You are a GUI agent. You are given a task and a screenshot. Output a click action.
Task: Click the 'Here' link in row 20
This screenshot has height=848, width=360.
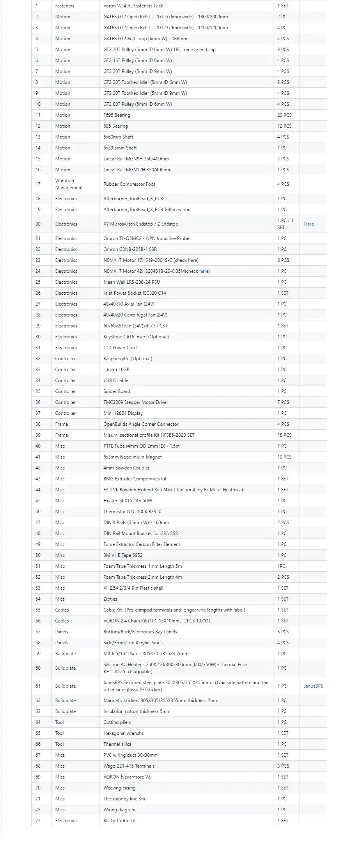[309, 224]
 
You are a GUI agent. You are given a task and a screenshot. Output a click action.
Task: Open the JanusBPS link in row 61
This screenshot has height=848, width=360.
[313, 686]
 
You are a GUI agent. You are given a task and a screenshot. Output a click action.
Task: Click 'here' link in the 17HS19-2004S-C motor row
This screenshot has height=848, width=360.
[193, 260]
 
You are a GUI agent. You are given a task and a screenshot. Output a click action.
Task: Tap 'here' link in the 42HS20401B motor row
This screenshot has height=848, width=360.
[204, 271]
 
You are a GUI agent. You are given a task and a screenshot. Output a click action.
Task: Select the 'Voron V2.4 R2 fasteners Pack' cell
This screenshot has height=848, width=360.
[133, 6]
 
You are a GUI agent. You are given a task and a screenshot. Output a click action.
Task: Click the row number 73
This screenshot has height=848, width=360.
[38, 821]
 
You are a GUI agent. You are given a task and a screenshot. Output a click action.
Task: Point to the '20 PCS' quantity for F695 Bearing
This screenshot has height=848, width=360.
[284, 115]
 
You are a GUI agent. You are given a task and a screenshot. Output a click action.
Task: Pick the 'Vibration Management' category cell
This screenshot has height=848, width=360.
[69, 184]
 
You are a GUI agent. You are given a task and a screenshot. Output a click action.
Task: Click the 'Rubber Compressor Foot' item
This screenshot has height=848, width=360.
[129, 184]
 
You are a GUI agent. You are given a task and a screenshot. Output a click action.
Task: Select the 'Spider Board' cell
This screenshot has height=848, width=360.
[117, 391]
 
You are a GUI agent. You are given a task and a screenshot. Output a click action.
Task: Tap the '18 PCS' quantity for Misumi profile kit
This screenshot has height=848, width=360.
[284, 435]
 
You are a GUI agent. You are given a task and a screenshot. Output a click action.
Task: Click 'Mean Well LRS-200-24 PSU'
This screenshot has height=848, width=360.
[131, 282]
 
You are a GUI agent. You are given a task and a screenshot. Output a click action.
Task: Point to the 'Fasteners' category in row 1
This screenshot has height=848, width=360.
[65, 6]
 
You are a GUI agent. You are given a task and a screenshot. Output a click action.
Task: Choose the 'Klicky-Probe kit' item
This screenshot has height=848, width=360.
[119, 821]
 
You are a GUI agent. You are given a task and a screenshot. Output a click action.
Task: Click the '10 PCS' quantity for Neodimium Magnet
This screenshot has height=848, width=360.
[284, 457]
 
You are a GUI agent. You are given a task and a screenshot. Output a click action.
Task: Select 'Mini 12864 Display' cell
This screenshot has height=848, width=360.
[123, 413]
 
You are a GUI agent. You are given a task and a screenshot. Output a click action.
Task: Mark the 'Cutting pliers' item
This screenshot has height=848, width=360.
[117, 722]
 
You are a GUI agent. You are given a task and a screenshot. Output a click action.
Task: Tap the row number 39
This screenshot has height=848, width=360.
[38, 435]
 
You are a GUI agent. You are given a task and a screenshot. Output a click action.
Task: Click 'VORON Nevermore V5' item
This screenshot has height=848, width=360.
[127, 777]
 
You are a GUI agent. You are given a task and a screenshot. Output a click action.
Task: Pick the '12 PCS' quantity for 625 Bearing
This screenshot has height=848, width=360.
[284, 126]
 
